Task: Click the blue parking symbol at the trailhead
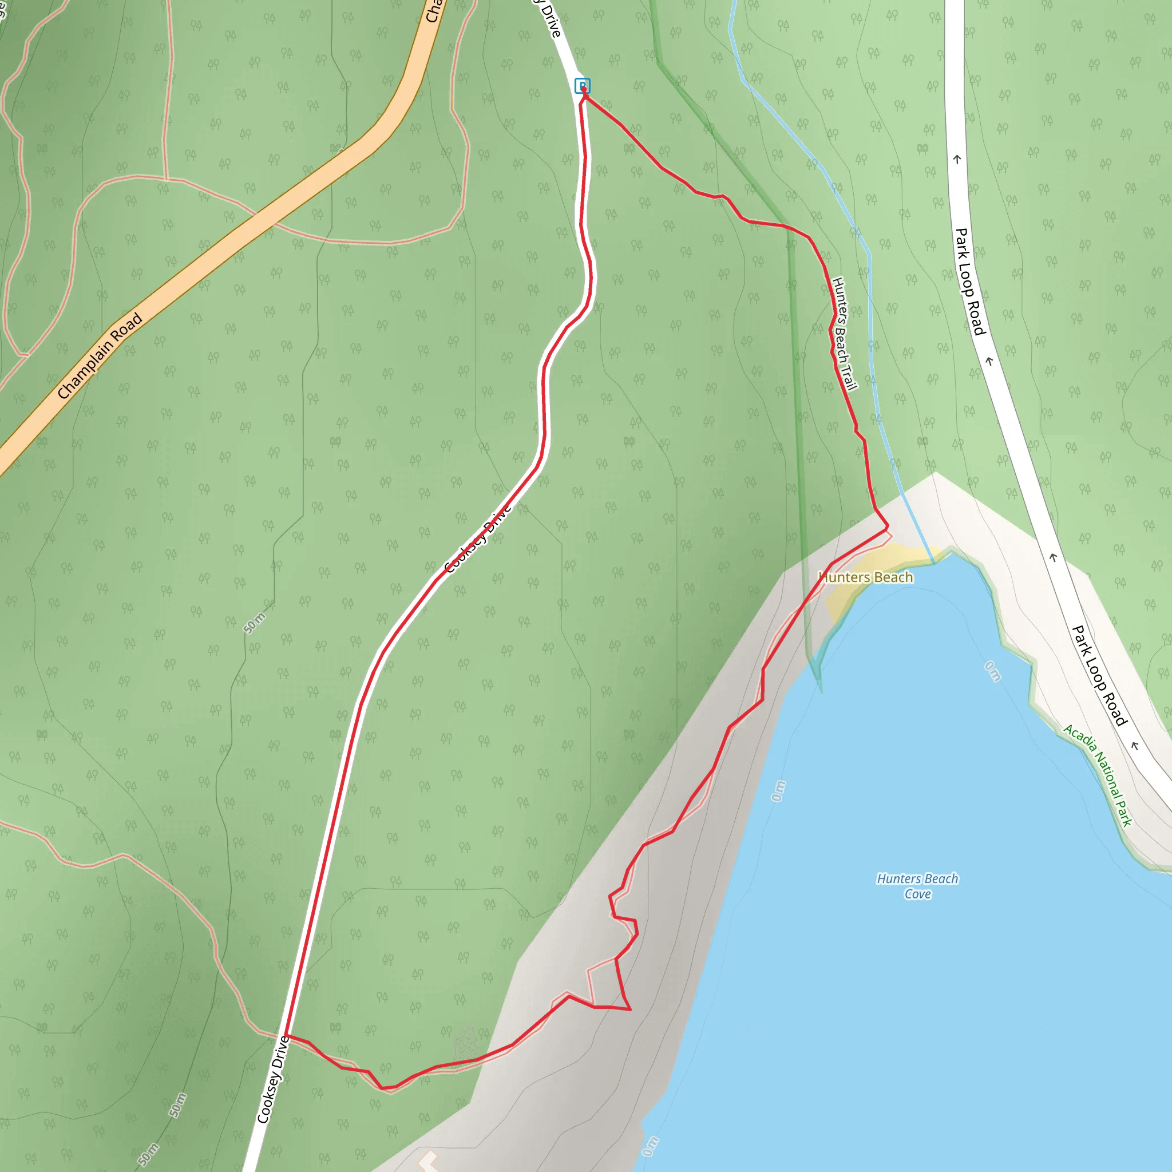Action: coord(583,85)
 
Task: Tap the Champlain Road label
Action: coord(100,355)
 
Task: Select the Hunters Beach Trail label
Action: coord(845,334)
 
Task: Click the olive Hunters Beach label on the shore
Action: coord(866,577)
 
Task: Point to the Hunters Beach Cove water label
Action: coord(917,886)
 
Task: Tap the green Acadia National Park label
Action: coord(1098,775)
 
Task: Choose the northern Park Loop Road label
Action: coord(971,282)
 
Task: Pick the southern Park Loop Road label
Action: coord(1099,676)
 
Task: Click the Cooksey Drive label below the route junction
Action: coord(272,1079)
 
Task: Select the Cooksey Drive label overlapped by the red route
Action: coord(478,538)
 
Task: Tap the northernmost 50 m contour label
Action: coord(254,624)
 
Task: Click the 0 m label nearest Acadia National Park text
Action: coord(992,671)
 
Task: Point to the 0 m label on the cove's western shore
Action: coord(778,791)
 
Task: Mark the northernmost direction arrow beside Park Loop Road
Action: coord(957,160)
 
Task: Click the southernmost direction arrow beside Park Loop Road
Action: coord(1134,746)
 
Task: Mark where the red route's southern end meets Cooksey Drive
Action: coord(285,1036)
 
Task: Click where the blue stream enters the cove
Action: coord(932,559)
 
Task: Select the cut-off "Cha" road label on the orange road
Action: coord(433,11)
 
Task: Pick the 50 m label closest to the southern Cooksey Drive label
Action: coord(177,1105)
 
